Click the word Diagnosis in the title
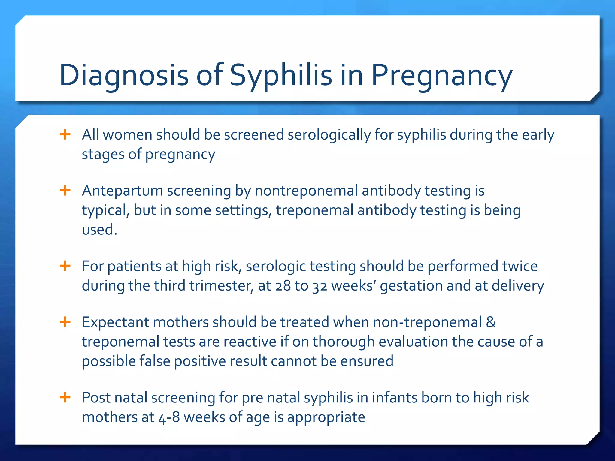tap(124, 75)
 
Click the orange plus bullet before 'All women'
tap(65, 134)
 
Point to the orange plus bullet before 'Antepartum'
tap(65, 190)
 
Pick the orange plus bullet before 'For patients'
tap(65, 266)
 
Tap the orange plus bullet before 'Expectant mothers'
tap(65, 322)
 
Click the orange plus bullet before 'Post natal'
tap(65, 397)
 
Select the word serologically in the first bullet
tap(329, 135)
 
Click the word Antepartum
tap(123, 191)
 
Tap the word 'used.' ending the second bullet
tap(99, 230)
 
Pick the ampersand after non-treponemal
tap(491, 322)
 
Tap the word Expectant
tap(115, 322)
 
